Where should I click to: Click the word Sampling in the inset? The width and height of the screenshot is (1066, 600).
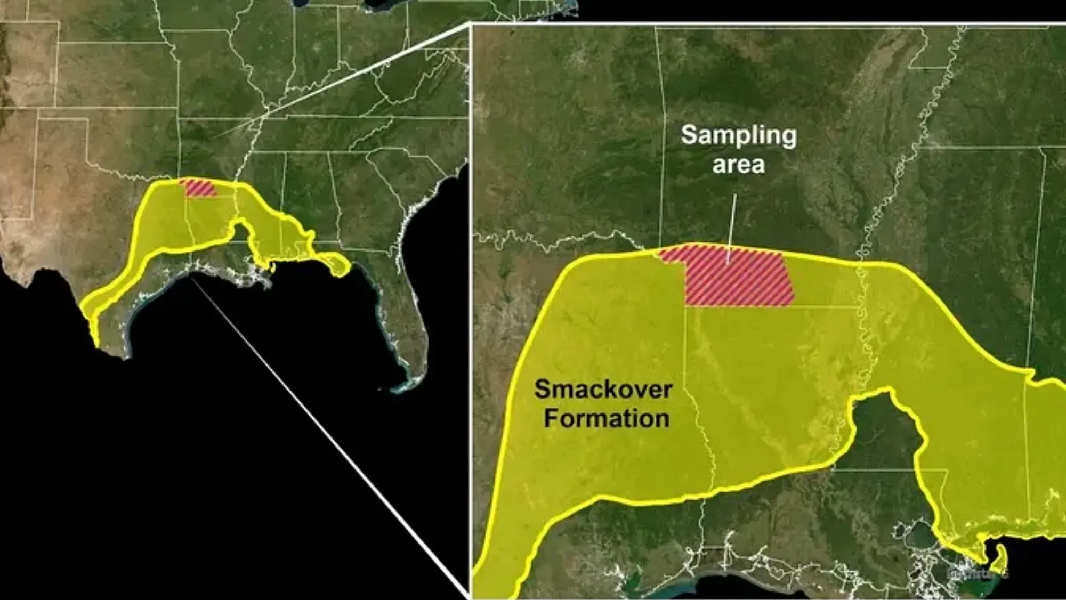(x=739, y=136)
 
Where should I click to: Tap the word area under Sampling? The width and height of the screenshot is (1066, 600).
(x=739, y=165)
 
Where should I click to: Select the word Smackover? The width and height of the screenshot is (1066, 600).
(x=603, y=390)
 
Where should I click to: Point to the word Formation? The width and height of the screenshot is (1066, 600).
(x=607, y=418)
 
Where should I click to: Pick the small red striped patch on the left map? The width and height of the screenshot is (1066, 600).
(x=199, y=188)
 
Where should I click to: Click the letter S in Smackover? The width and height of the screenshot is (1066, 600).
(x=542, y=390)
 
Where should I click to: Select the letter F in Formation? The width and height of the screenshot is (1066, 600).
(x=550, y=418)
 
